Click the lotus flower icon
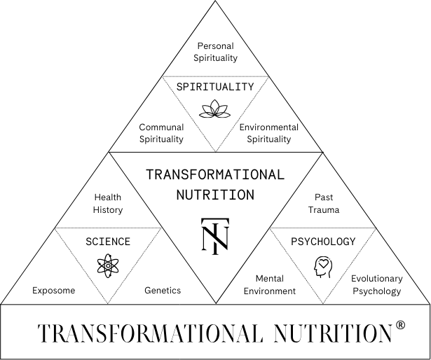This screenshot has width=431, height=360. [215, 109]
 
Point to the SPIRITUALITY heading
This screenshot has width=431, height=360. [215, 87]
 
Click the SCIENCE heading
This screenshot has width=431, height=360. [108, 242]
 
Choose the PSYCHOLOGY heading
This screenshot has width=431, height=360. [323, 242]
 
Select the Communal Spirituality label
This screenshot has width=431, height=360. [161, 133]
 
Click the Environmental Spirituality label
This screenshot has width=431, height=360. [269, 133]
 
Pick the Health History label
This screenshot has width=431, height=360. [108, 204]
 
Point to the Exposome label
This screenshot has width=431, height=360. [53, 290]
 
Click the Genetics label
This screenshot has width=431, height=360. [163, 290]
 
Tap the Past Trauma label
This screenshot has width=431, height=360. [324, 203]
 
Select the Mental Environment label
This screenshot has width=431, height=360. [270, 284]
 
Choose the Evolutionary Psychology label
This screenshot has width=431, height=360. [376, 284]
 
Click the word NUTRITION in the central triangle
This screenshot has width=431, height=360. [215, 193]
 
